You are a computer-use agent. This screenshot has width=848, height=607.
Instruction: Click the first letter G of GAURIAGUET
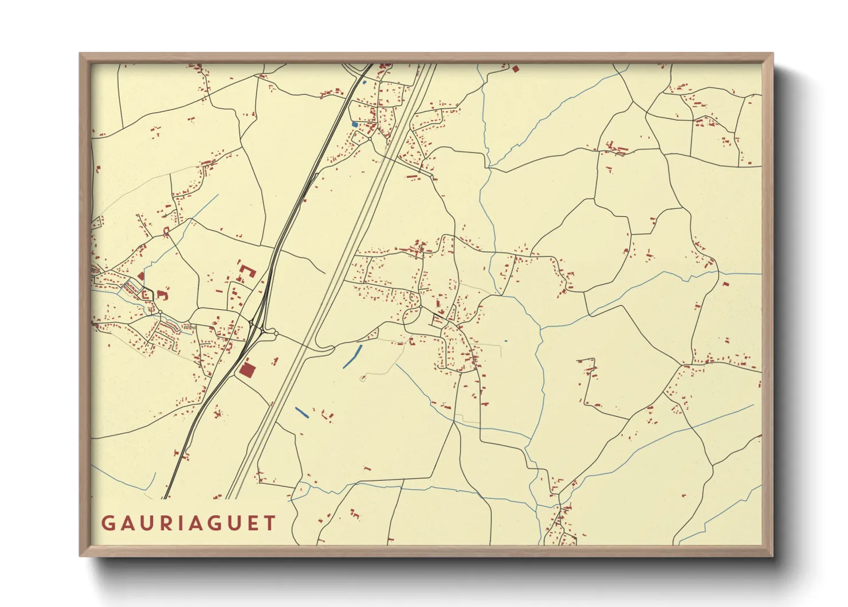(107, 523)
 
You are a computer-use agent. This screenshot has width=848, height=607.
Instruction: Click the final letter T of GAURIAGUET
(270, 523)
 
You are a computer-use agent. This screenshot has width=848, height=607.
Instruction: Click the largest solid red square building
(247, 369)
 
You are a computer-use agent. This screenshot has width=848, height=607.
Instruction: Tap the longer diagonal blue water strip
(352, 356)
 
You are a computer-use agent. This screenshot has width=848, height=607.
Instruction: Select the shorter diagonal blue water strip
(301, 411)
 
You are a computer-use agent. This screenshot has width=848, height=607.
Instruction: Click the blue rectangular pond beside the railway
(354, 124)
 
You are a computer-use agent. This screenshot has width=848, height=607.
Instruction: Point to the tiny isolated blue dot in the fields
(505, 341)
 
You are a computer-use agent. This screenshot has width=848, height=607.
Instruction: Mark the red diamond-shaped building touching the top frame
(515, 69)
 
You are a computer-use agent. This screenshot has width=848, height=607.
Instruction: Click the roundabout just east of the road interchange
(276, 333)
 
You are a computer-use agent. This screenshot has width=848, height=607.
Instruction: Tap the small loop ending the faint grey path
(363, 378)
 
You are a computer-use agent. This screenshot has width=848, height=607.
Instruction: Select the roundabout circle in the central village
(420, 307)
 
